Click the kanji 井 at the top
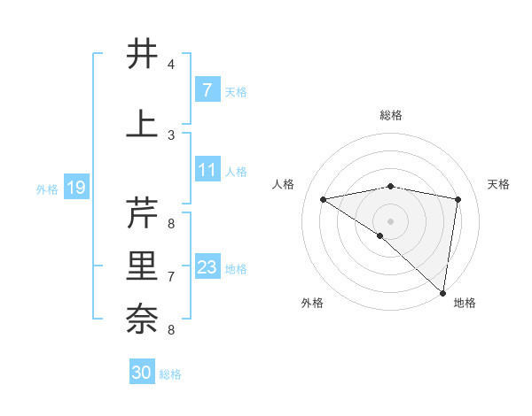pyautogui.click(x=143, y=54)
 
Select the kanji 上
pyautogui.click(x=143, y=124)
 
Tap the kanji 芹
pyautogui.click(x=143, y=213)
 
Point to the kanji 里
pyautogui.click(x=143, y=266)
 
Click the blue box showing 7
pyautogui.click(x=207, y=90)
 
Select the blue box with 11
pyautogui.click(x=207, y=170)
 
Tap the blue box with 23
pyautogui.click(x=207, y=267)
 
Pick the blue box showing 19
pyautogui.click(x=76, y=188)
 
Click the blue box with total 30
pyautogui.click(x=142, y=373)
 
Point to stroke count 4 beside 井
pyautogui.click(x=171, y=65)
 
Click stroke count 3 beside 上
pyautogui.click(x=171, y=135)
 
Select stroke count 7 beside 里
pyautogui.click(x=171, y=277)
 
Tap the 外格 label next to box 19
pyautogui.click(x=47, y=189)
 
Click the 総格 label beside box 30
pyautogui.click(x=170, y=374)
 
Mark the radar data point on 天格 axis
pyautogui.click(x=458, y=199)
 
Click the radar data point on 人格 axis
pyautogui.click(x=323, y=199)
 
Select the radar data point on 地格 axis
pyautogui.click(x=442, y=292)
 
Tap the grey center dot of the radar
pyautogui.click(x=390, y=220)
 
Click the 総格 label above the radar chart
pyautogui.click(x=390, y=115)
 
